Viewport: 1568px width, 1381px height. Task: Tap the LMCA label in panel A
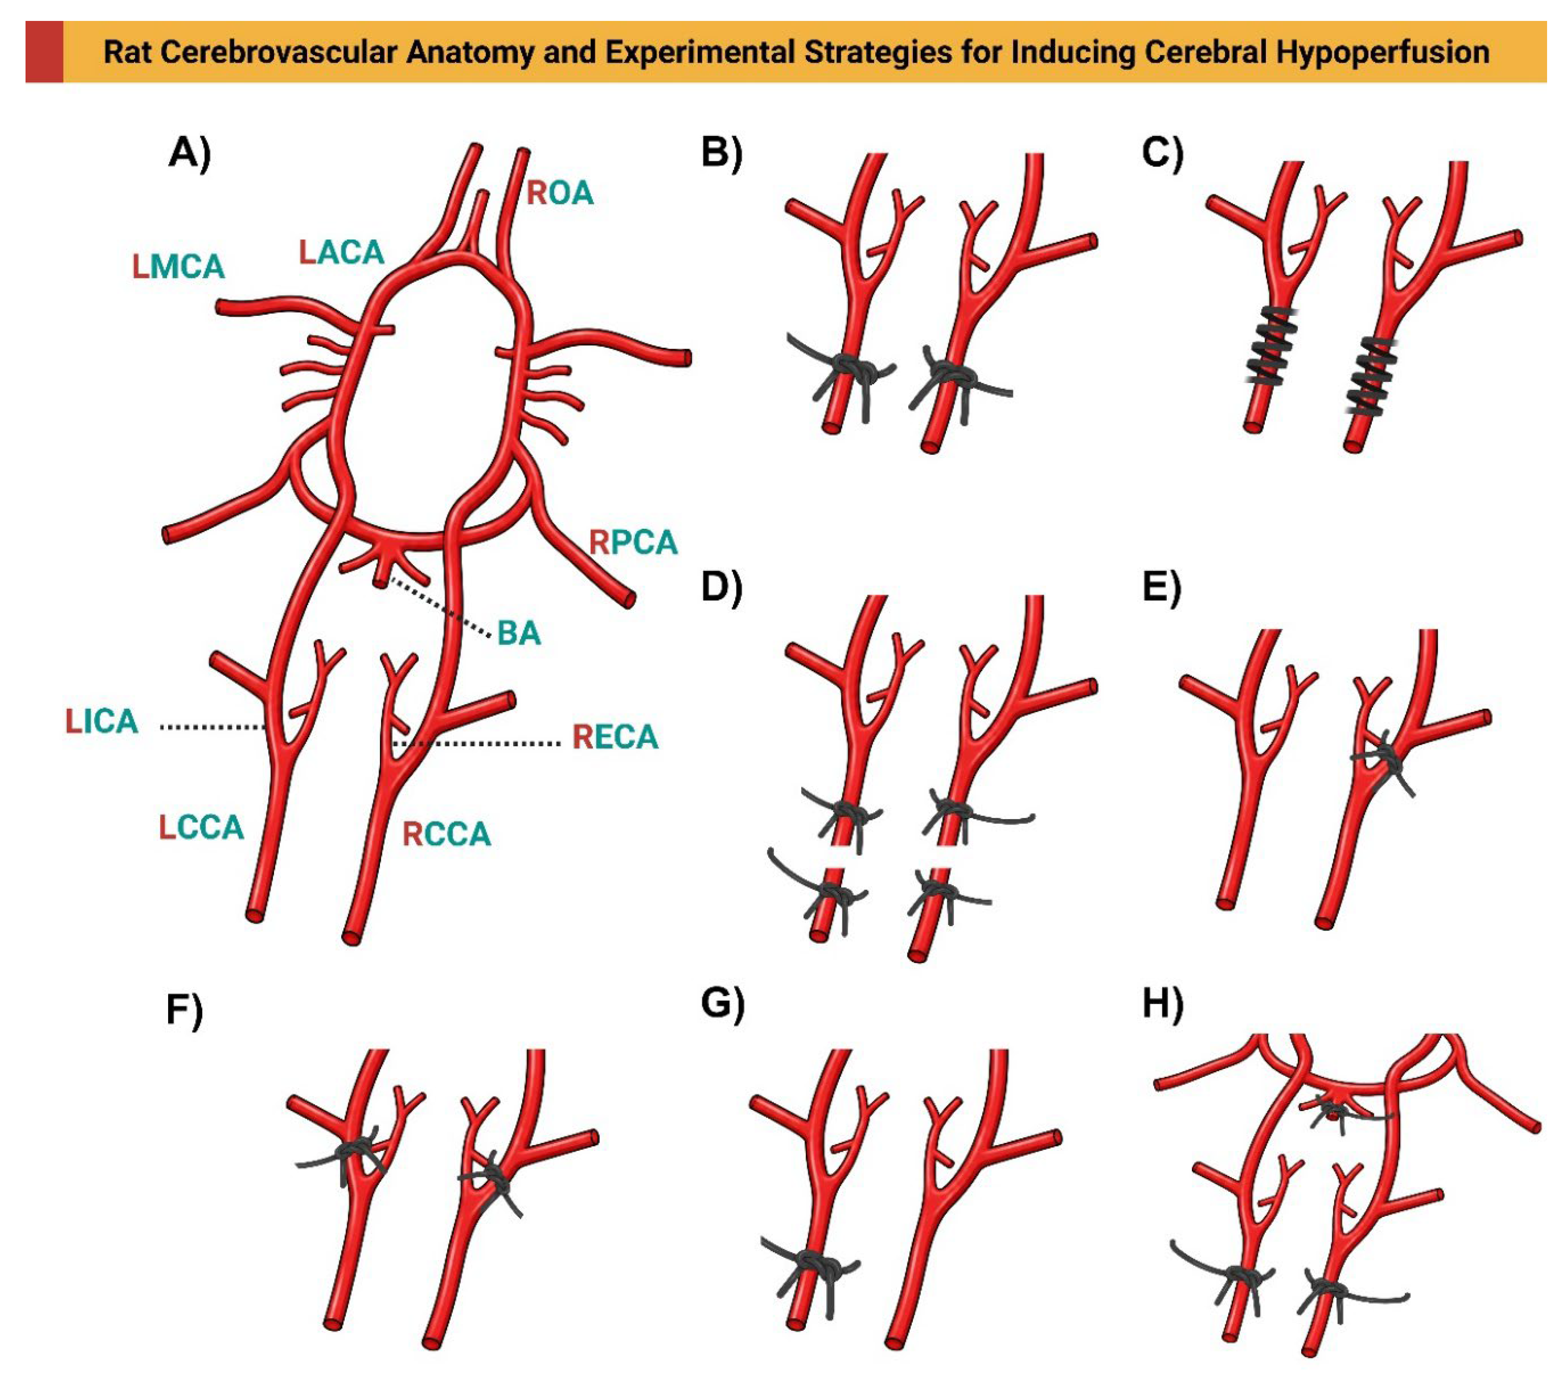(179, 267)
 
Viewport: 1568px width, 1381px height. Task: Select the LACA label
(341, 252)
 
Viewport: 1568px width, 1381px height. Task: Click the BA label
(519, 634)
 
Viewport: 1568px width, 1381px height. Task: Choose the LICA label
(102, 721)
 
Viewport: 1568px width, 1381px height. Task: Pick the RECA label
(615, 737)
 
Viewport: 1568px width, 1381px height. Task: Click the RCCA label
(446, 834)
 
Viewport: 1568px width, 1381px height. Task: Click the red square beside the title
(44, 51)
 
